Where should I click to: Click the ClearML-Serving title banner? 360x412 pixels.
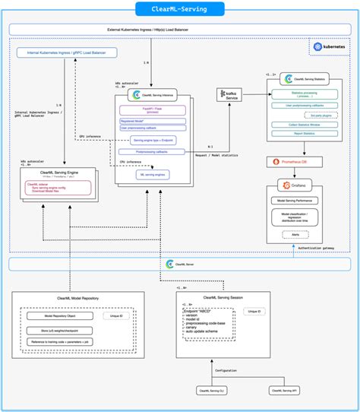click(179, 9)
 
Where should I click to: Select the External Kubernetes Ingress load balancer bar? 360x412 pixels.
click(179, 30)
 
